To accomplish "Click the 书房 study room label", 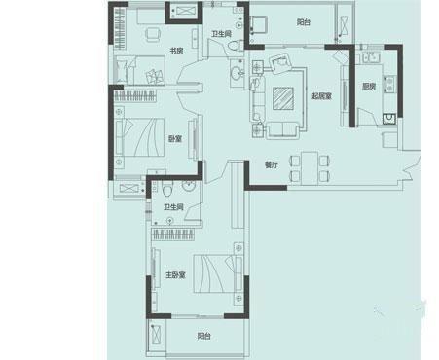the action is [177, 51].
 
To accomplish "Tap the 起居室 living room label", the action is [321, 96].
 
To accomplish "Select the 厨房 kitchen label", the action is [369, 87].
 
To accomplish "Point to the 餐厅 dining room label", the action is [272, 164].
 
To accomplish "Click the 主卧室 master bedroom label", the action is [175, 275].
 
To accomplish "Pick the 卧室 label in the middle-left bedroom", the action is [175, 139].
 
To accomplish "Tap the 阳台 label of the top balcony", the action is [304, 22].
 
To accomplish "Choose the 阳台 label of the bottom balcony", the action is [203, 336].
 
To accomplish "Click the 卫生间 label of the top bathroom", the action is [221, 34].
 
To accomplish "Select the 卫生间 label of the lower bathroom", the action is [173, 207].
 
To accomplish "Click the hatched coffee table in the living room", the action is [283, 98].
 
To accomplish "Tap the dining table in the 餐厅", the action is [310, 168].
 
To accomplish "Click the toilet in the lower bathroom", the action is [167, 189].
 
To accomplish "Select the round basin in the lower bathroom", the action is [189, 186].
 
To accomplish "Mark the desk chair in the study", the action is [153, 34].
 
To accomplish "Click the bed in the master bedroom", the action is [218, 274].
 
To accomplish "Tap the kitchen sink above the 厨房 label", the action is [371, 57].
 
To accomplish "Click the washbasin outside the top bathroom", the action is [238, 73].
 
